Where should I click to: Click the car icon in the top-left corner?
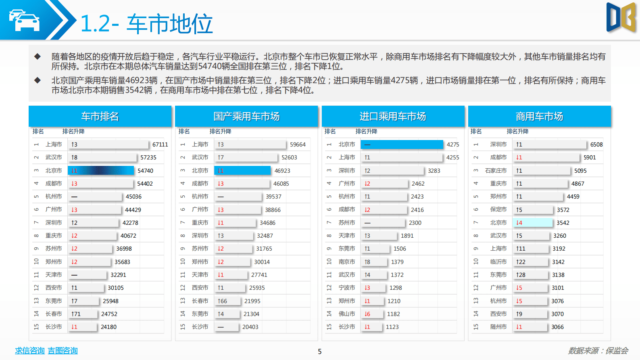pyautogui.click(x=24, y=20)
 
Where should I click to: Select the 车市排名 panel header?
pyautogui.click(x=100, y=117)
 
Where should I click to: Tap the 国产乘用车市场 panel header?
pyautogui.click(x=246, y=117)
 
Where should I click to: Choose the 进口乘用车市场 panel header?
pyautogui.click(x=393, y=117)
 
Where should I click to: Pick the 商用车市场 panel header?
pyautogui.click(x=539, y=117)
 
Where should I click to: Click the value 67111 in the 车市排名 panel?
pyautogui.click(x=160, y=144)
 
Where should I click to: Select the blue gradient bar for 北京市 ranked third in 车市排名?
pyautogui.click(x=101, y=171)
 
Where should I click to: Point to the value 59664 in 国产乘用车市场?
pyautogui.click(x=298, y=144)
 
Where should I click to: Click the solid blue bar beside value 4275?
pyautogui.click(x=402, y=144)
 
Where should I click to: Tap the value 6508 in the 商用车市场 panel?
pyautogui.click(x=596, y=144)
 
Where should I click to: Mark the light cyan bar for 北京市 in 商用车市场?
pyautogui.click(x=532, y=223)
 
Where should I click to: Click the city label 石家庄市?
pyautogui.click(x=496, y=171)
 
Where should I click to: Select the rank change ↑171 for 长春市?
pyautogui.click(x=76, y=314)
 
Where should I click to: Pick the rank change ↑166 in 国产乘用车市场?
pyautogui.click(x=222, y=301)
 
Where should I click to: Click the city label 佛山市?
pyautogui.click(x=347, y=314)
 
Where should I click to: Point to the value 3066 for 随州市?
pyautogui.click(x=557, y=327)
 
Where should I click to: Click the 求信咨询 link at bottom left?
pyautogui.click(x=30, y=351)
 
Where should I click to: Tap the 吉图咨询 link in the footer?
pyautogui.click(x=63, y=351)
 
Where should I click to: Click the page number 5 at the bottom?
pyautogui.click(x=320, y=352)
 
